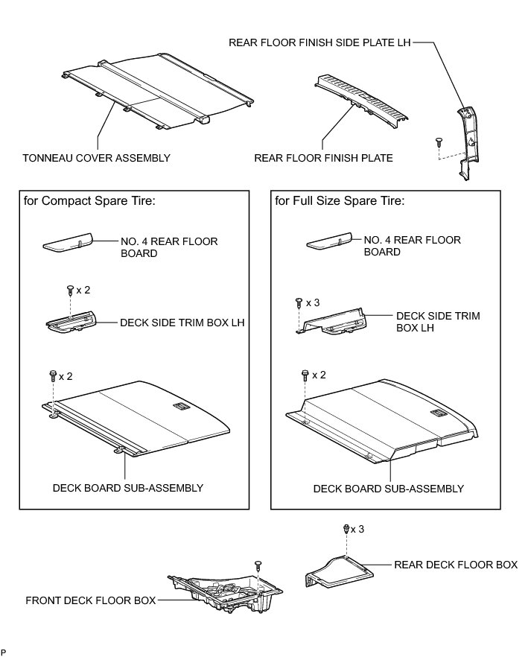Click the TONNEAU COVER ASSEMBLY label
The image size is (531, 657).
[97, 158]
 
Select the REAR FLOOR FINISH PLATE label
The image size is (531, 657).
[323, 158]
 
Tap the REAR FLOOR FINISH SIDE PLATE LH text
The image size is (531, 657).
[319, 43]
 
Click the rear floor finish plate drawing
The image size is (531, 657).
[363, 101]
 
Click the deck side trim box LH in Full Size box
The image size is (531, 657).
[335, 321]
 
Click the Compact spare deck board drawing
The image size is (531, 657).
[142, 417]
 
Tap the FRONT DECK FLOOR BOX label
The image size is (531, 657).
[91, 600]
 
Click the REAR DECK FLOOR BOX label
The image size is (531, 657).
[455, 565]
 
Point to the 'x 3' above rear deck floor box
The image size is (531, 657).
[359, 529]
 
